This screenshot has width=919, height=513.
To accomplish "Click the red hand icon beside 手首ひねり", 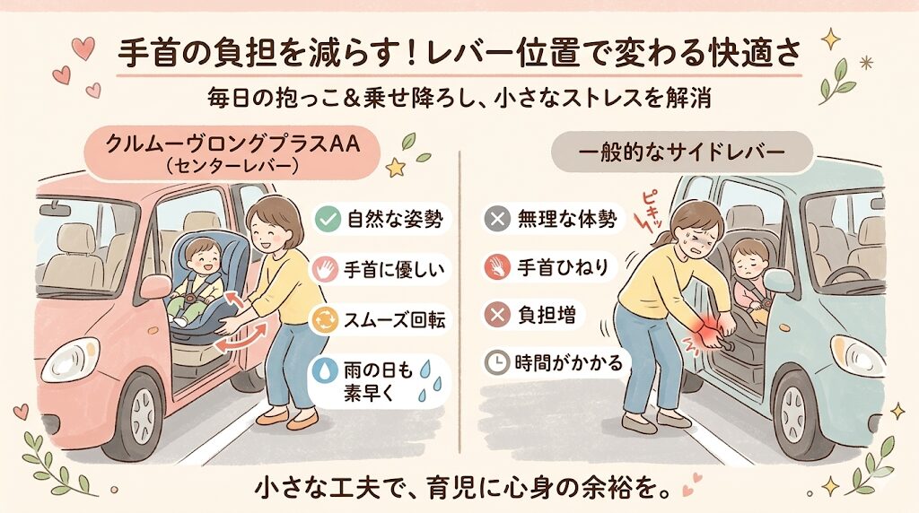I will (x=495, y=266).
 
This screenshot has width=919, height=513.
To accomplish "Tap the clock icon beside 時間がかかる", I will (x=495, y=363).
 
